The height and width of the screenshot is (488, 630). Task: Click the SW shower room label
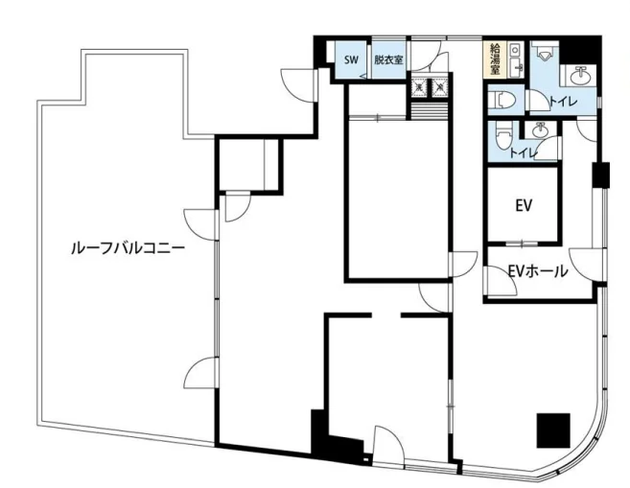pyautogui.click(x=351, y=59)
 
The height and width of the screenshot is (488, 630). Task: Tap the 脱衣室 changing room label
pyautogui.click(x=388, y=59)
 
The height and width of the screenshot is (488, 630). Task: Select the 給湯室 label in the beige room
pyautogui.click(x=495, y=58)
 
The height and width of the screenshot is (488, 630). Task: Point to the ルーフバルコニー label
pyautogui.click(x=128, y=248)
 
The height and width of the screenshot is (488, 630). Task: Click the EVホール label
pyautogui.click(x=538, y=271)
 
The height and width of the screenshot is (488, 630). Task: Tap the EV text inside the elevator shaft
pyautogui.click(x=524, y=205)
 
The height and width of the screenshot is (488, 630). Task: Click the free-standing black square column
pyautogui.click(x=553, y=430)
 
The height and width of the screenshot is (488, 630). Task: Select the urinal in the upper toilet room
pyautogui.click(x=545, y=52)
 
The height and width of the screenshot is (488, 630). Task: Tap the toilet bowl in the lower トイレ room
pyautogui.click(x=502, y=135)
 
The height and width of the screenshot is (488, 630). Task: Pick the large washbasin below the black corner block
pyautogui.click(x=578, y=75)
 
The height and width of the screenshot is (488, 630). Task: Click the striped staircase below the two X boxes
pyautogui.click(x=430, y=111)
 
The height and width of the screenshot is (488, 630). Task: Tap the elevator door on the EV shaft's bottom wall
pyautogui.click(x=522, y=244)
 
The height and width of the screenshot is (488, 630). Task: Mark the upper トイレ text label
pyautogui.click(x=563, y=102)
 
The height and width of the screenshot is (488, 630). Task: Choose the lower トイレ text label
pyautogui.click(x=524, y=152)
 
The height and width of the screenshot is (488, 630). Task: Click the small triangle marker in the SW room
pyautogui.click(x=363, y=76)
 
